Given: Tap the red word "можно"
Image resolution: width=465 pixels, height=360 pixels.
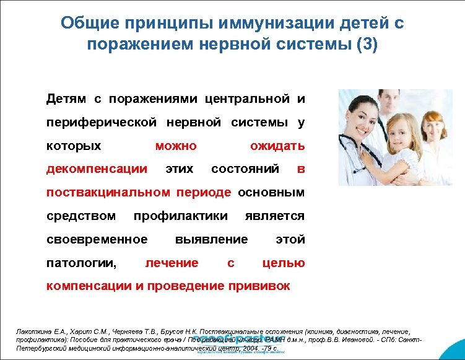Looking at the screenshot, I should (x=175, y=146).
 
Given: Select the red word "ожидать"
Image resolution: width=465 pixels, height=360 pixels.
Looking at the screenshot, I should (x=277, y=146).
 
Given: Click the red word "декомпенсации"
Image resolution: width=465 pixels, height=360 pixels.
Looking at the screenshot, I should (x=97, y=169).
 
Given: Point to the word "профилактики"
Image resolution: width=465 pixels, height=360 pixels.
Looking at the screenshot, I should (x=180, y=216).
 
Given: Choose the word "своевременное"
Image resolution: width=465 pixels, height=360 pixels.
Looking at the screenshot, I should (x=97, y=239).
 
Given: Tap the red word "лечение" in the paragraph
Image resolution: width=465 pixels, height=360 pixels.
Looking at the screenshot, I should (x=172, y=263).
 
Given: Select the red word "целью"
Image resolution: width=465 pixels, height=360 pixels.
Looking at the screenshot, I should (x=284, y=263).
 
